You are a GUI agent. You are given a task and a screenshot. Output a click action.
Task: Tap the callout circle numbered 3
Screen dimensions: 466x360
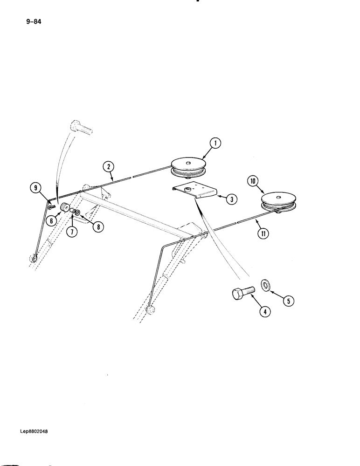click(232, 199)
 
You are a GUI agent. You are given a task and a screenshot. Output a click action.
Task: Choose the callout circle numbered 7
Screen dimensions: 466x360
click(70, 232)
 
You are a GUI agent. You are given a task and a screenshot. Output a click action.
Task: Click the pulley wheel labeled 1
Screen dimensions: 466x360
click(188, 168)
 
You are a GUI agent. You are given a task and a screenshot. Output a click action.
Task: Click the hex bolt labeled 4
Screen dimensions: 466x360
click(242, 293)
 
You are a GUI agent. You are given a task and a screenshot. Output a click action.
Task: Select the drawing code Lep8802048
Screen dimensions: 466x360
click(34, 432)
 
